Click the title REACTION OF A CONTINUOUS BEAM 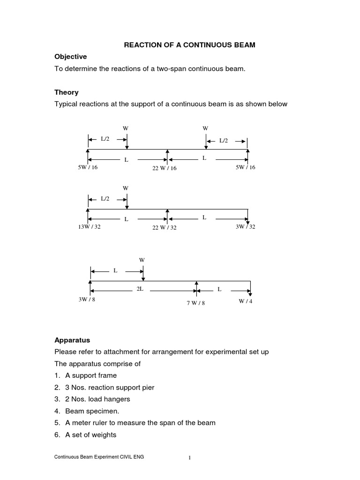pyautogui.click(x=190, y=45)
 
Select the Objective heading pyautogui.click(x=70, y=57)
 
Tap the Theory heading pyautogui.click(x=67, y=92)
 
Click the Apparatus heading pyautogui.click(x=72, y=340)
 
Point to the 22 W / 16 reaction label pyautogui.click(x=164, y=168)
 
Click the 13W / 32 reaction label pyautogui.click(x=89, y=227)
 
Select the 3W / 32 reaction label pyautogui.click(x=245, y=227)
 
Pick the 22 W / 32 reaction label pyautogui.click(x=164, y=228)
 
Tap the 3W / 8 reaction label pyautogui.click(x=87, y=300)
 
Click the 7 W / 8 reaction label pyautogui.click(x=196, y=303)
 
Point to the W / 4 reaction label pyautogui.click(x=245, y=301)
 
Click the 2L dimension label pyautogui.click(x=140, y=289)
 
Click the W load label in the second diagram pyautogui.click(x=126, y=188)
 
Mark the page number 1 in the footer pyautogui.click(x=190, y=458)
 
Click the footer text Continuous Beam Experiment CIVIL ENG pyautogui.click(x=99, y=457)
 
